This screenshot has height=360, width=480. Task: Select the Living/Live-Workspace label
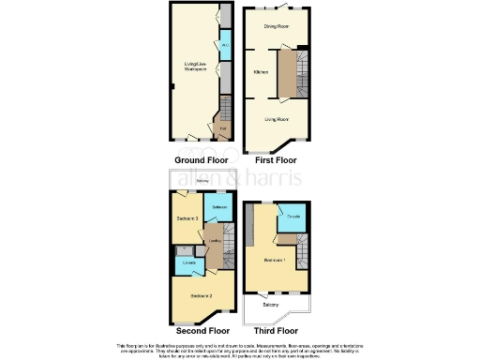[x=193, y=67]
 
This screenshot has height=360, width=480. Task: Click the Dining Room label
[x=275, y=26]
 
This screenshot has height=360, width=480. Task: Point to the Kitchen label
[x=262, y=72]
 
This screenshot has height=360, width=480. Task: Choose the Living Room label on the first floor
[x=275, y=119]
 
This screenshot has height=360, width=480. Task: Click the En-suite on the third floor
[x=292, y=217]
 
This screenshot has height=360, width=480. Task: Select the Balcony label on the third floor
[x=270, y=306]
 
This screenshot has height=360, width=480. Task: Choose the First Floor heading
[x=277, y=160]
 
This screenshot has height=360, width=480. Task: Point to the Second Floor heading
[x=201, y=331]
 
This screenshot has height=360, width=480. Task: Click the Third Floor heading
[x=276, y=331]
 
